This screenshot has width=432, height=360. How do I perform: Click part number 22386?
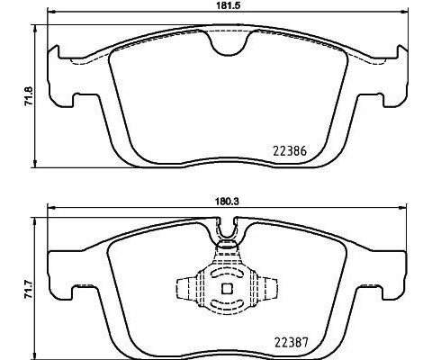pos(291,154)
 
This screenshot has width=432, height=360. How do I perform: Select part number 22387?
pos(291,342)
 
